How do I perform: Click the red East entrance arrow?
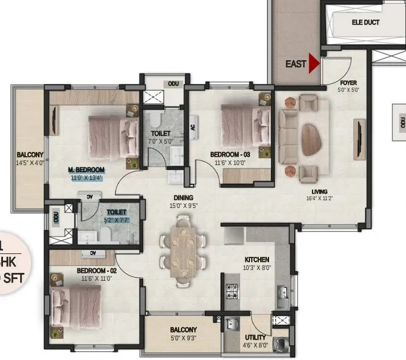313,64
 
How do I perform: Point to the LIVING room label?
320,191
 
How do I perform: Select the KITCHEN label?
257,260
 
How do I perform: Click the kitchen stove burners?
231,293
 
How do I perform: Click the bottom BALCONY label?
183,330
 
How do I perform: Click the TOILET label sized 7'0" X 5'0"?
161,133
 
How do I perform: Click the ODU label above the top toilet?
173,84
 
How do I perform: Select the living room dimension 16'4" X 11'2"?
320,198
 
